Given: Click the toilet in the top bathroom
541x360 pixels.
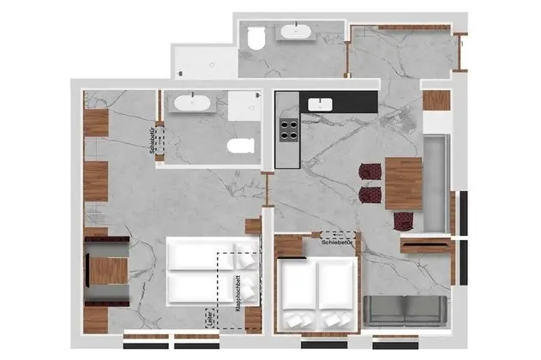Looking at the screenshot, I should click(x=255, y=38).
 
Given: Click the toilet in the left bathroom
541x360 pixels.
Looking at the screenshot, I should click(x=241, y=146).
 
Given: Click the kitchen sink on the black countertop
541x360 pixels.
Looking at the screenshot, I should click(x=321, y=104).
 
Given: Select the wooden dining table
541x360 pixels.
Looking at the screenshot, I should click(x=403, y=183).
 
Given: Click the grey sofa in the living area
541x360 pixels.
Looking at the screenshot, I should click(x=404, y=309).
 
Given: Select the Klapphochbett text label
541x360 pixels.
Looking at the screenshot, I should click(x=236, y=291).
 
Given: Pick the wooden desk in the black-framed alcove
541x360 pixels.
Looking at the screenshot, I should click(x=110, y=271).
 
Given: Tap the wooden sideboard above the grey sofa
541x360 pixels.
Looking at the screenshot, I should click(x=426, y=247).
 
